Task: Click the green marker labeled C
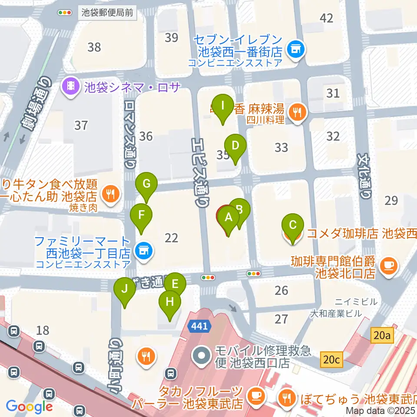coord(292,226)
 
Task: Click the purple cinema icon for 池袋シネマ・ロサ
coord(69,87)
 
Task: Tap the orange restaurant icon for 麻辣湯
coord(298,112)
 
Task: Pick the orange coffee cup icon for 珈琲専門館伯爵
coord(388,265)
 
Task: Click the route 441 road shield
coord(199,325)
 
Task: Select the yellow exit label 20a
coord(382,335)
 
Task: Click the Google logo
coord(29,407)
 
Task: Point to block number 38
coord(94,47)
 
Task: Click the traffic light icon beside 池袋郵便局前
coord(65,13)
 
